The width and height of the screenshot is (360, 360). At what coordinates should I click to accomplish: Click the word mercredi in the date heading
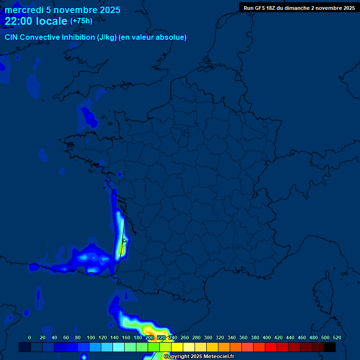click(x=24, y=10)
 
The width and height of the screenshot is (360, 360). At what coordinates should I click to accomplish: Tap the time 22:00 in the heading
click(x=19, y=21)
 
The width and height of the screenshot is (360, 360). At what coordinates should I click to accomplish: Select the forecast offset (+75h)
click(x=81, y=21)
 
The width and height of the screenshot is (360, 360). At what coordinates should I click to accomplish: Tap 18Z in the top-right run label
click(x=272, y=8)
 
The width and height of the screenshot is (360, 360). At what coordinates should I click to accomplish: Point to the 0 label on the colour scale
click(x=30, y=337)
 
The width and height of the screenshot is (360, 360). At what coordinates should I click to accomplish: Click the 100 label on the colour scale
click(x=91, y=337)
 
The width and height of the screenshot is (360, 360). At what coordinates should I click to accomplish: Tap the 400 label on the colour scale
click(x=267, y=337)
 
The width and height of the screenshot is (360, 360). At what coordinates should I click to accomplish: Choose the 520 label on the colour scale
click(x=337, y=337)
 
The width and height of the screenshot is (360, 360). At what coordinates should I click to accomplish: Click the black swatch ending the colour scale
click(x=330, y=347)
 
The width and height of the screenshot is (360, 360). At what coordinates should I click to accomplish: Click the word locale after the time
click(x=52, y=21)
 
